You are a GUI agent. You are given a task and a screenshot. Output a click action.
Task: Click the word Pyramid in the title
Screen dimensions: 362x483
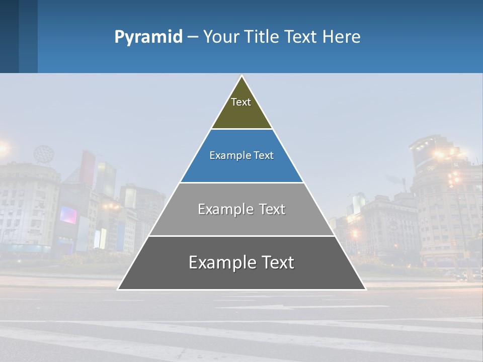pos(148,37)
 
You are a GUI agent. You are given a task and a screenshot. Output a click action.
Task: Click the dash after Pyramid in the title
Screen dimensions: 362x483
pos(192,37)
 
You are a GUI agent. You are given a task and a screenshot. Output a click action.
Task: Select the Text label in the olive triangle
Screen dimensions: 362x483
pos(241,102)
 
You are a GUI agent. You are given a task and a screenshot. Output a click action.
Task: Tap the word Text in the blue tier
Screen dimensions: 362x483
pos(264,156)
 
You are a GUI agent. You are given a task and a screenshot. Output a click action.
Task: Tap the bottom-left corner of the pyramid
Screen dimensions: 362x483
pos(118,289)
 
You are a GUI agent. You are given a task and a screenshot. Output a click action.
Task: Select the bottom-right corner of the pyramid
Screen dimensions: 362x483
pos(365,289)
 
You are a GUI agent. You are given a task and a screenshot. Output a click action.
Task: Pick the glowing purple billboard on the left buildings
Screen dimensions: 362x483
pos(68,215)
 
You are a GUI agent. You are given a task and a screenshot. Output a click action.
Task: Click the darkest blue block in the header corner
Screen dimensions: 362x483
pos(9,36)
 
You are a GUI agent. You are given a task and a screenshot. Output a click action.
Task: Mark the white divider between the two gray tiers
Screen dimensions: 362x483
pos(242,236)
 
